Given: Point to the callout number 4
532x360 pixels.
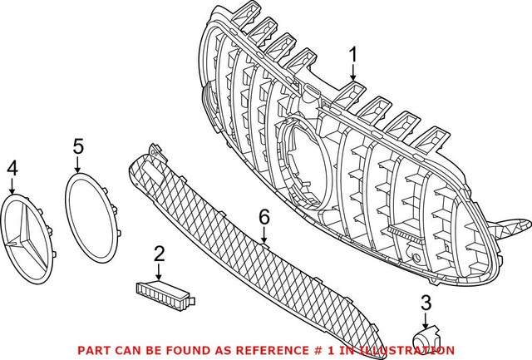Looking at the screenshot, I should coord(12,169).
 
